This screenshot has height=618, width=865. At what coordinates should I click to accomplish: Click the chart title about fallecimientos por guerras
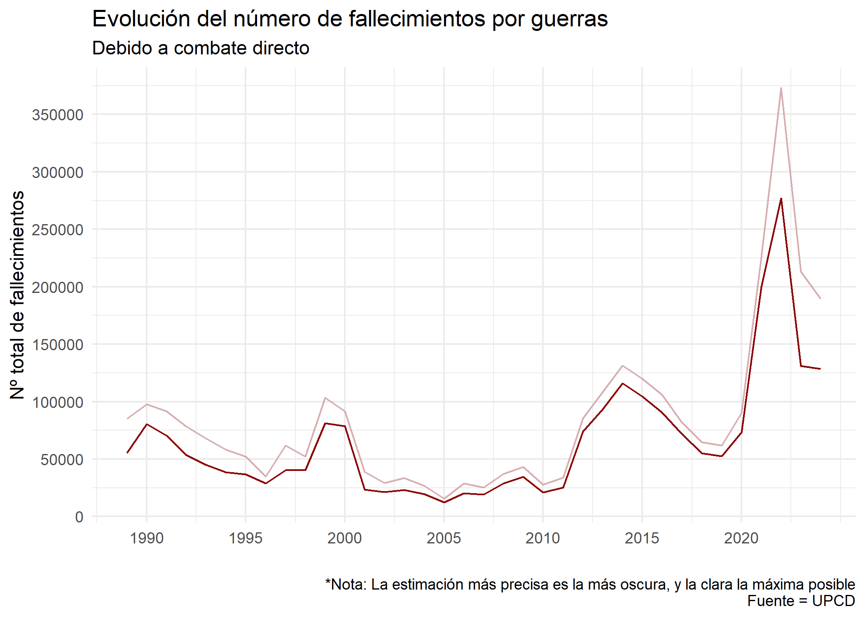click(x=350, y=19)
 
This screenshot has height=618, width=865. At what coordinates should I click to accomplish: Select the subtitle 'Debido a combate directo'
click(x=201, y=48)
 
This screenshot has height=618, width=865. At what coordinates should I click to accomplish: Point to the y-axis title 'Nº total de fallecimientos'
click(x=17, y=295)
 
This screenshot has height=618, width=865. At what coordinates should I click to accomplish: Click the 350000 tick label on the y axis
click(x=58, y=115)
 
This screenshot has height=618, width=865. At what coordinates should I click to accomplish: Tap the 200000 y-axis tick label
click(x=58, y=288)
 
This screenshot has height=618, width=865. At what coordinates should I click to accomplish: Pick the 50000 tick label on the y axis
click(x=62, y=460)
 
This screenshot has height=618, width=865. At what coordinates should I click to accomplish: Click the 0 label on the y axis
click(x=79, y=517)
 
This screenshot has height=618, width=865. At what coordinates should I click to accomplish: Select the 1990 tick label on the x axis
click(x=147, y=538)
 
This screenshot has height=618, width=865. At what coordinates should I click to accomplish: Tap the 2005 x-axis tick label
click(x=444, y=538)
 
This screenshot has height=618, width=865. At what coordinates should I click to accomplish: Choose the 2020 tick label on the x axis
click(x=741, y=538)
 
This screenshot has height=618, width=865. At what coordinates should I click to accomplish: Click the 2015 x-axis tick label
click(x=642, y=538)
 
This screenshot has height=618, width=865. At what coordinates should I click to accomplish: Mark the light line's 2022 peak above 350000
click(x=781, y=88)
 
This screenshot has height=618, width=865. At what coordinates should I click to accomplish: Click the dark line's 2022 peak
click(x=781, y=199)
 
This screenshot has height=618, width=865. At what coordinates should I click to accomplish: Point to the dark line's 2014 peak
click(x=622, y=384)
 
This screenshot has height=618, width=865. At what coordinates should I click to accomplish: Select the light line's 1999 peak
click(x=325, y=398)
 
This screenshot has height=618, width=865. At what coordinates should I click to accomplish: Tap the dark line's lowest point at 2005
click(x=444, y=502)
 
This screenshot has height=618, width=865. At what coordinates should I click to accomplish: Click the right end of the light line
click(x=820, y=298)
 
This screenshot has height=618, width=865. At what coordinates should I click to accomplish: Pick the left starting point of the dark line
click(x=127, y=453)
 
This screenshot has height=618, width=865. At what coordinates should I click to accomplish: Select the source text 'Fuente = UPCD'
click(x=801, y=601)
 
